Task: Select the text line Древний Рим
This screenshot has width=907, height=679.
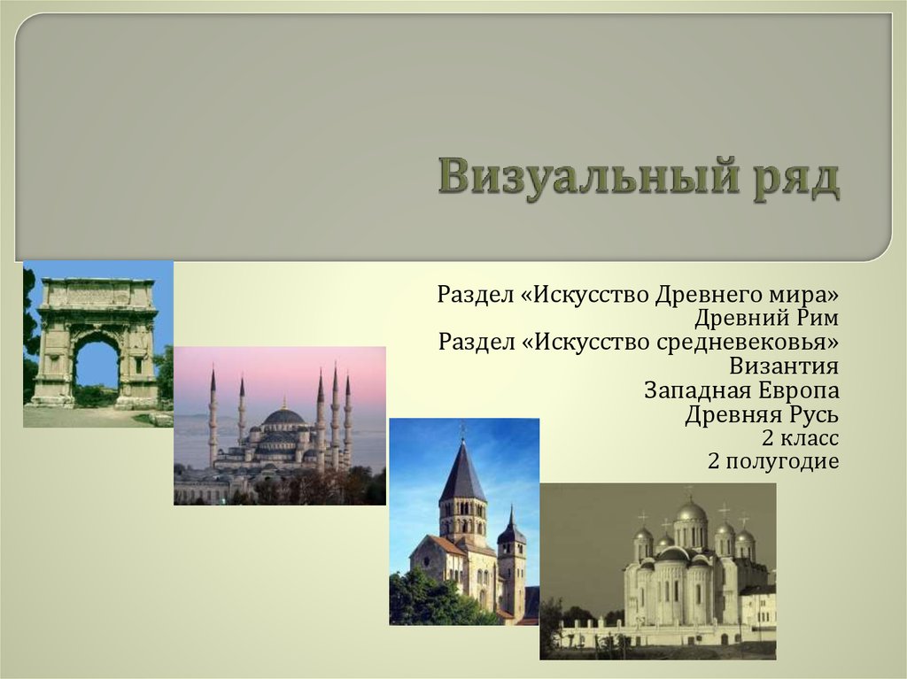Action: pos(766,318)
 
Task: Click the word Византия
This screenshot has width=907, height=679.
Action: pos(784,367)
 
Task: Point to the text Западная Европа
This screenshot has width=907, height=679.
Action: pos(741,390)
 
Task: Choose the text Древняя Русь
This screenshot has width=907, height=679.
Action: pos(762,414)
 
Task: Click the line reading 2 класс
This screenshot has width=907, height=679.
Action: pos(800,438)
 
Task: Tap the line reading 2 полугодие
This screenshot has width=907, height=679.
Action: pos(773,461)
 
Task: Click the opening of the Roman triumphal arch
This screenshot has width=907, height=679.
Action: pos(97,367)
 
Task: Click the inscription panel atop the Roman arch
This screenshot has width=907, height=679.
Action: pos(97,296)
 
